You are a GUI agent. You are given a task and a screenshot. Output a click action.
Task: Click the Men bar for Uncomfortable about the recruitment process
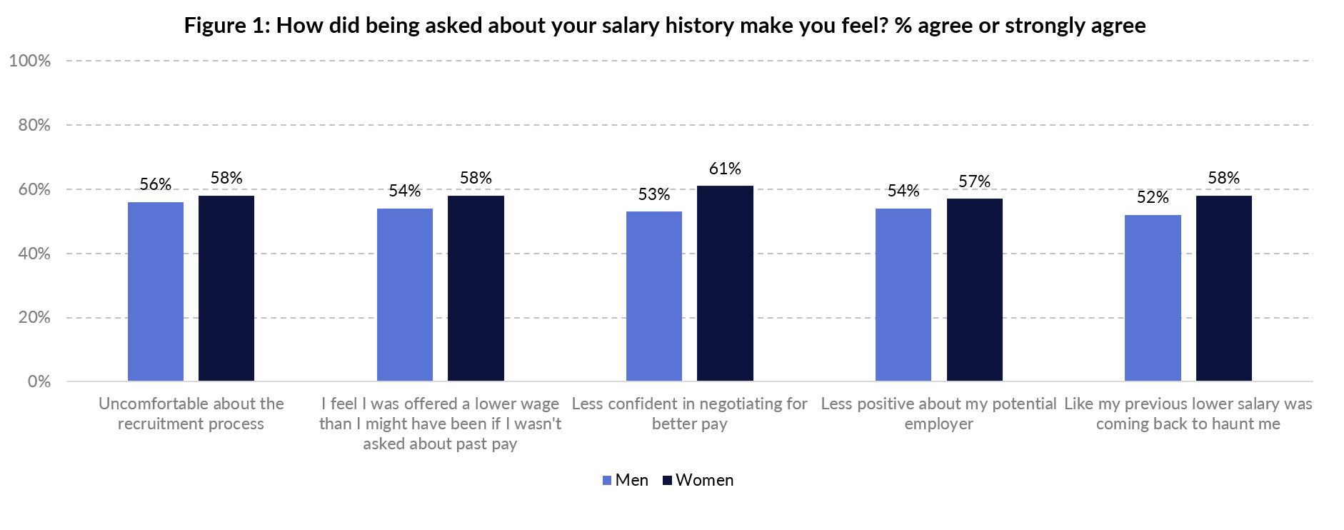155,291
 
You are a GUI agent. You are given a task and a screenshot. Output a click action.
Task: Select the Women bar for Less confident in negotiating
725,284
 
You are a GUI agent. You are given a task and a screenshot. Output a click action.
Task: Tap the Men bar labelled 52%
1153,298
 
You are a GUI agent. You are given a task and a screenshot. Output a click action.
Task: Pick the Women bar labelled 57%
974,290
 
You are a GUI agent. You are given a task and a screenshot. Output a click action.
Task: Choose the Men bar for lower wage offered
404,295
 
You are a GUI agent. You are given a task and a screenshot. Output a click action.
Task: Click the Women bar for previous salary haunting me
1223,289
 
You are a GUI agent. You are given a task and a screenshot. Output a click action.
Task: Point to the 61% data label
725,169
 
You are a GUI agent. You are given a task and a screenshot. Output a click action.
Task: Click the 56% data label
155,184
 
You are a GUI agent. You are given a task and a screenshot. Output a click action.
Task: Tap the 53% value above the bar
653,194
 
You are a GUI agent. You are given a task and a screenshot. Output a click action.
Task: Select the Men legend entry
626,480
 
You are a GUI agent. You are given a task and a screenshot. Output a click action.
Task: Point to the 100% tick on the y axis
30,61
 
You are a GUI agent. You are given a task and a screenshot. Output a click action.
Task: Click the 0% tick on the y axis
39,381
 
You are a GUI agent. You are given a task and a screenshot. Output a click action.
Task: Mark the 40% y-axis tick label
34,254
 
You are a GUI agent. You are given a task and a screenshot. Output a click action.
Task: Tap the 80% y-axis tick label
34,125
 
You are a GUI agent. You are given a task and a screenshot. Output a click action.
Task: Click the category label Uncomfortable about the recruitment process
191,414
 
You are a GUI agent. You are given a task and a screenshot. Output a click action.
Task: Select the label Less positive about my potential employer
938,414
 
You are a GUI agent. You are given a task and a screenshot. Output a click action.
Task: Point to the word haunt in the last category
1222,424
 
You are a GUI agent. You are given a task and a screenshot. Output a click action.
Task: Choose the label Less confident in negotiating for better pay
689,414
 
